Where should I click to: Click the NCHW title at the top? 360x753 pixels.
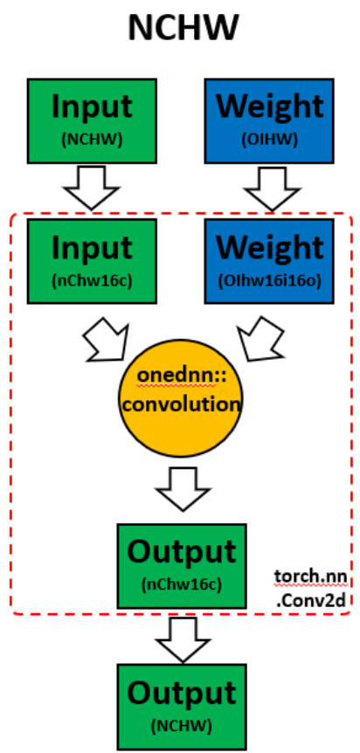click(x=183, y=28)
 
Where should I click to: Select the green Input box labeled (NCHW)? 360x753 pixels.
click(x=92, y=121)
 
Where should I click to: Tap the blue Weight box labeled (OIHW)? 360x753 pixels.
click(x=269, y=121)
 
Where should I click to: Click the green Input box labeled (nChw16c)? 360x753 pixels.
click(x=92, y=261)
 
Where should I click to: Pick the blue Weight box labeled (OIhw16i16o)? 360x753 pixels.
click(x=269, y=261)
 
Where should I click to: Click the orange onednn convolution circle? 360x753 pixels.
click(x=181, y=398)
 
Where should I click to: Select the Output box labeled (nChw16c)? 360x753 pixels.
click(x=182, y=566)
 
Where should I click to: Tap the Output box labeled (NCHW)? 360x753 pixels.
click(x=182, y=707)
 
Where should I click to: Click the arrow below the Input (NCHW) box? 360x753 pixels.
click(x=92, y=188)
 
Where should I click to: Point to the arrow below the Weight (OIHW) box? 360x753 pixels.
click(x=272, y=189)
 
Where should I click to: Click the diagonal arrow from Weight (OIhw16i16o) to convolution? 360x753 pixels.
click(x=260, y=339)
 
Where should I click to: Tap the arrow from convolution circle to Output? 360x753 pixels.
click(x=183, y=489)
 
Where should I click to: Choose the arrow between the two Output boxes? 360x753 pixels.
click(x=183, y=639)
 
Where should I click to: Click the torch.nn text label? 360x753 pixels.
click(x=311, y=577)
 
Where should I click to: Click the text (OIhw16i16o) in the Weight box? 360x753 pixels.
click(x=269, y=281)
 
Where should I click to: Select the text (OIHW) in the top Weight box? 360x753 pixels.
click(x=269, y=140)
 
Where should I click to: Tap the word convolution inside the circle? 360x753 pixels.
click(x=181, y=404)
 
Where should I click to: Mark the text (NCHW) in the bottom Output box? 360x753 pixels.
click(x=182, y=726)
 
